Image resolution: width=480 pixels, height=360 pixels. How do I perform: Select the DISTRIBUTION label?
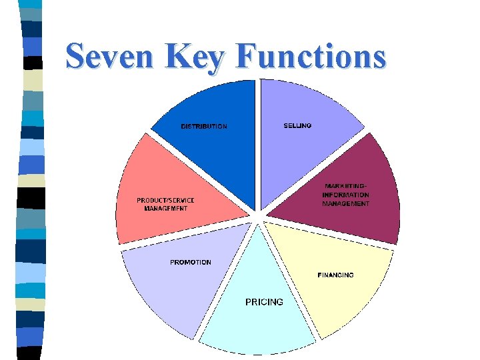[204, 126]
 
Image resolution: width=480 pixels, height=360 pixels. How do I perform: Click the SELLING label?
[297, 125]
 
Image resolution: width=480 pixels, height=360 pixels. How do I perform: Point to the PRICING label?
[264, 302]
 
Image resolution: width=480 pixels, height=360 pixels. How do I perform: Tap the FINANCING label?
[335, 275]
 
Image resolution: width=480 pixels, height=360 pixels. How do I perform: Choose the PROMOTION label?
[191, 262]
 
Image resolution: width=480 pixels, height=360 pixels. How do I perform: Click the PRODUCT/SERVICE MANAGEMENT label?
[166, 204]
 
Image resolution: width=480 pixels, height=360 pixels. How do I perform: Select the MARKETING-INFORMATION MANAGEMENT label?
[345, 195]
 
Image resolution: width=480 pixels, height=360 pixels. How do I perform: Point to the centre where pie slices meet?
[257, 216]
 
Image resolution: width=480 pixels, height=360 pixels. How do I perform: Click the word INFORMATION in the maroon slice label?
[345, 195]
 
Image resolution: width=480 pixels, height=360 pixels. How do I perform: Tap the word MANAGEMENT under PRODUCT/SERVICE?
[166, 208]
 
